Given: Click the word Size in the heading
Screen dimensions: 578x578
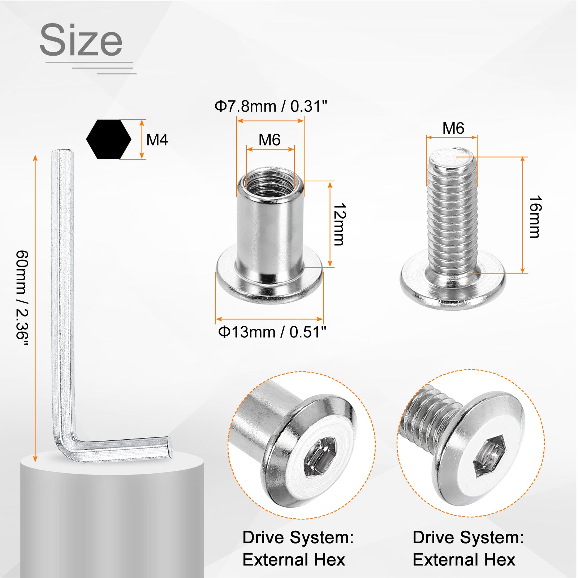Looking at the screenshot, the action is pos(81,40).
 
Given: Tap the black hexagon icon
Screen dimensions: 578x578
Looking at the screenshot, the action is pos(109,139).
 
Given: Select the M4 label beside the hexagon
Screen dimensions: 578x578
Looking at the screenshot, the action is pos(157,140).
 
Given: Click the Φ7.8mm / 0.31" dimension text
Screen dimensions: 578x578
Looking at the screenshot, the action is pos(271,106).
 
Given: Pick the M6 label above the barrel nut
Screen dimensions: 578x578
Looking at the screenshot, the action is pos(269,140).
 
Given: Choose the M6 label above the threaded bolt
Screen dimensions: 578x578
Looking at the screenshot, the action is pos(453,128).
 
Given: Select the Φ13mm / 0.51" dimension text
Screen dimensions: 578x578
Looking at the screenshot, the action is pos(272,332).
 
